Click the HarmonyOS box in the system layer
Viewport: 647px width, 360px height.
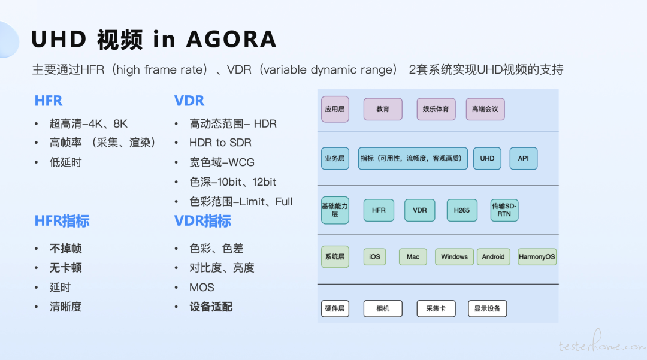[537, 256]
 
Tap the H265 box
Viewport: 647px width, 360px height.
[462, 210]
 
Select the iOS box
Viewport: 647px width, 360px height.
[374, 256]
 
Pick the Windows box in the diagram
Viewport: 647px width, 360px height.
[454, 256]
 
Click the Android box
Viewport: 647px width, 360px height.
[493, 256]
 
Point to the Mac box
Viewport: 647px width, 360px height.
[413, 256]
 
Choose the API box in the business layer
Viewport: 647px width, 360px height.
[523, 158]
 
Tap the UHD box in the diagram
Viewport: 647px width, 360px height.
[487, 158]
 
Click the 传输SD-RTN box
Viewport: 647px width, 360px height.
[504, 210]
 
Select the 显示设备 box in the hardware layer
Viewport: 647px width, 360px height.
[487, 308]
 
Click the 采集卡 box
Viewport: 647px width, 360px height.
[436, 308]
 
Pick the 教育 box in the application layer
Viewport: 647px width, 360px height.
[382, 109]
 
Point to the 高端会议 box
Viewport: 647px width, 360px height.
[485, 109]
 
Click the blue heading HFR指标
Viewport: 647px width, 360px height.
[62, 221]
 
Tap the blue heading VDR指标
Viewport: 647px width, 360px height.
[202, 221]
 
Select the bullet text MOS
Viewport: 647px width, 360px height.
[202, 288]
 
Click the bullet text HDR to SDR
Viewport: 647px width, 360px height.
[220, 143]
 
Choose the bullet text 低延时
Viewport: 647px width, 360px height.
[66, 162]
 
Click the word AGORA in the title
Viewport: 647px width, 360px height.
[231, 40]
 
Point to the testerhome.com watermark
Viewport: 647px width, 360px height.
[603, 343]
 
